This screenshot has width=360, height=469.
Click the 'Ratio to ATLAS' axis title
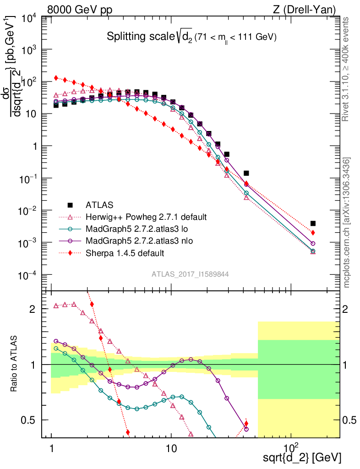pos(15,364)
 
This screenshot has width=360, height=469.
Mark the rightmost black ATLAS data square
pos(313,224)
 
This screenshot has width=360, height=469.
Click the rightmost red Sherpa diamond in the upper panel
pos(313,233)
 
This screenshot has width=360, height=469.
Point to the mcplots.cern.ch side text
pos(348,223)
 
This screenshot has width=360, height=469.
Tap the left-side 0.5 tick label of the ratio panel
pos(31,420)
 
